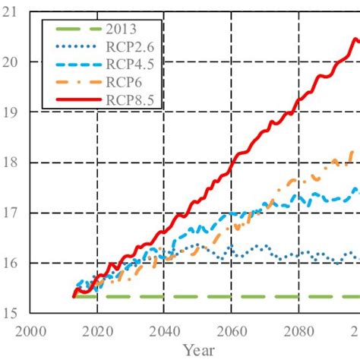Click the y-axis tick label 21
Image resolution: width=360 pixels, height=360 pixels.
14,11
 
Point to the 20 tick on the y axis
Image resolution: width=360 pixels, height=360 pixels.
14,62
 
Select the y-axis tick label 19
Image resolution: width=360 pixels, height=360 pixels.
14,112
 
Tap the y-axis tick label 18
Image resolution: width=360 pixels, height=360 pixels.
14,163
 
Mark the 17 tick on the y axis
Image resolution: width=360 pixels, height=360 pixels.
14,213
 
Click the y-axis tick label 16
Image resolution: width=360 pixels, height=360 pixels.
14,263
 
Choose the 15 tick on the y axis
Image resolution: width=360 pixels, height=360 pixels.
14,313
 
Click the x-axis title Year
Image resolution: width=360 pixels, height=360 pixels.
197,349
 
